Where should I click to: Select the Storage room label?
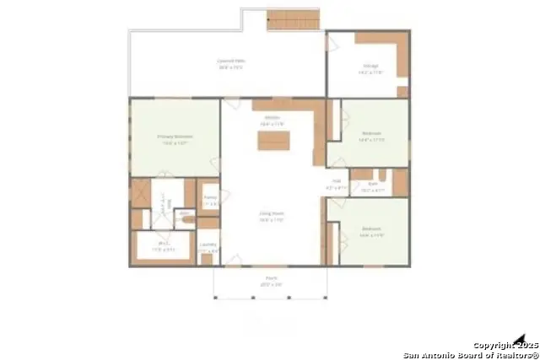point(370,68)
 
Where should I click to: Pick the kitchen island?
point(274,141)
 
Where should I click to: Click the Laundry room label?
point(208,249)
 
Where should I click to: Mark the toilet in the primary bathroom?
point(186,221)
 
